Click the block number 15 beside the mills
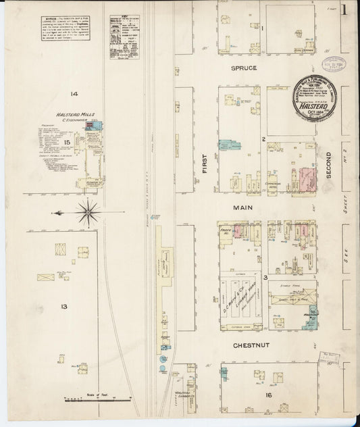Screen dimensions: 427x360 [x=66, y=143]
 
